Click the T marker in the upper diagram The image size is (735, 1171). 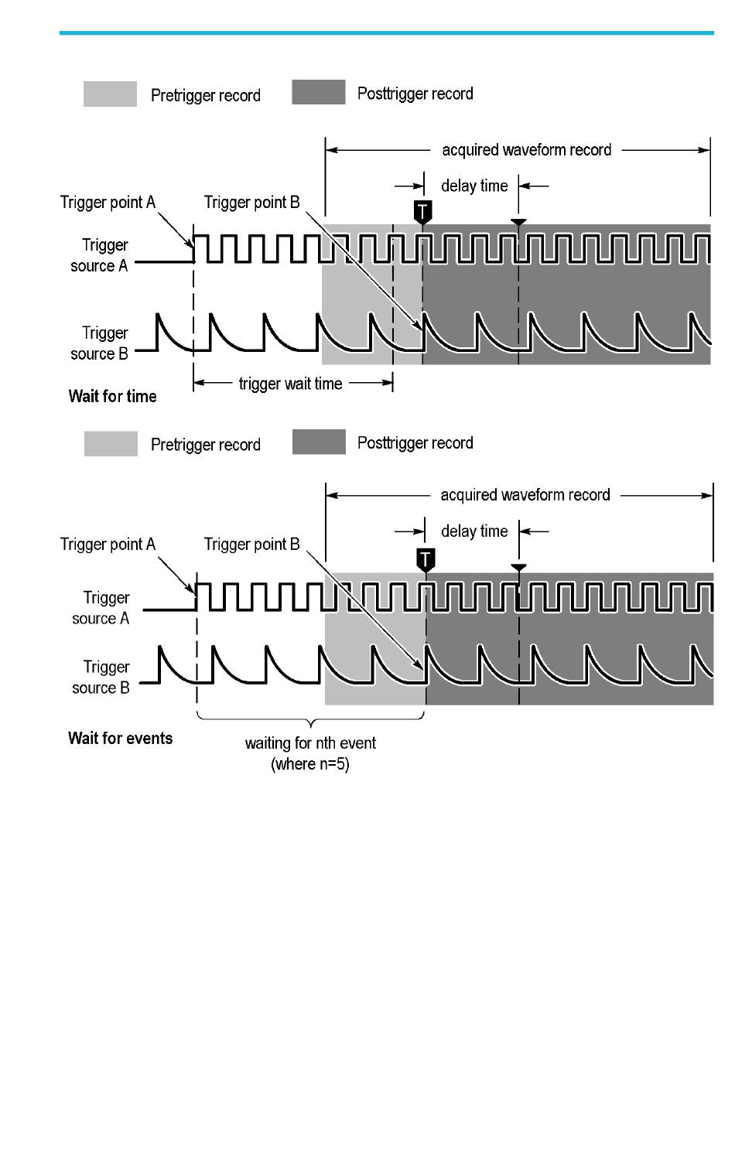[422, 212]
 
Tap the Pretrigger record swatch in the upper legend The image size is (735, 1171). [111, 94]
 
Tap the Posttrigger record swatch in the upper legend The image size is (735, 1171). [318, 92]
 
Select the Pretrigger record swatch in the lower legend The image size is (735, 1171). [111, 444]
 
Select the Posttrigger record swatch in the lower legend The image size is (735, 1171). [319, 442]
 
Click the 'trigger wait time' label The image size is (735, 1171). [291, 384]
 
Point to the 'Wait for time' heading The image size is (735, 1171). [112, 396]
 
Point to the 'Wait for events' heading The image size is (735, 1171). [120, 738]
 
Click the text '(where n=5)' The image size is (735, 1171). [310, 764]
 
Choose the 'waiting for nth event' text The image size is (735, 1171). [310, 743]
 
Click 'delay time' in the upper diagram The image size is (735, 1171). [475, 186]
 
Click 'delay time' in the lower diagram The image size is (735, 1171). [475, 531]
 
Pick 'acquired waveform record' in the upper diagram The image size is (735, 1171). [527, 150]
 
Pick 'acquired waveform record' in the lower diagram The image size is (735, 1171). [525, 495]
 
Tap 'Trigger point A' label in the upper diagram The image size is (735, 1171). [108, 203]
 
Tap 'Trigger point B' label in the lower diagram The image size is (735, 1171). [252, 545]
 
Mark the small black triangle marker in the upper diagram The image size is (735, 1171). [518, 222]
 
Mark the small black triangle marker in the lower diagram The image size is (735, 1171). [518, 568]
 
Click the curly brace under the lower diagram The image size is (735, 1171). [311, 720]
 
